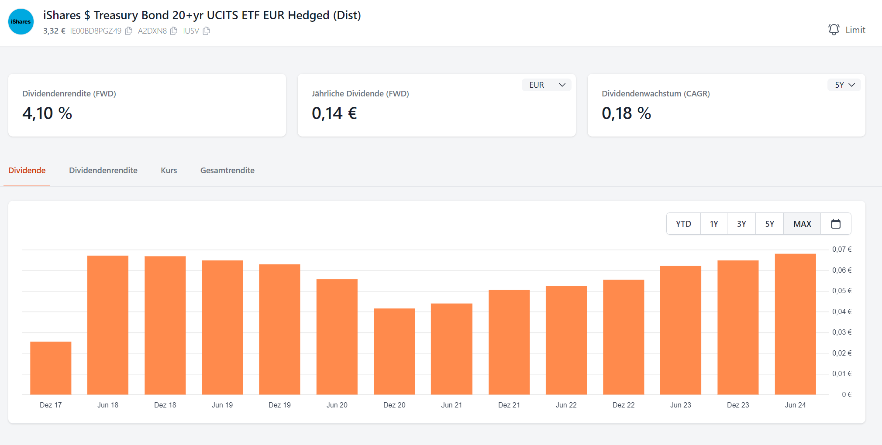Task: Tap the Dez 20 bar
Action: (x=394, y=351)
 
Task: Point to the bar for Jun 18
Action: (x=108, y=325)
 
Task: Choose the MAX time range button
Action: (x=802, y=224)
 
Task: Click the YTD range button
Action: (x=683, y=224)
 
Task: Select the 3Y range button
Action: (x=741, y=224)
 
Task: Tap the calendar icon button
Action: (x=836, y=224)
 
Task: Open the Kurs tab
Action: (x=169, y=171)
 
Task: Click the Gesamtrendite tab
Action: (x=227, y=171)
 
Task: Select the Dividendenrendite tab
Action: (x=103, y=171)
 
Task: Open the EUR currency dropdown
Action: (x=546, y=85)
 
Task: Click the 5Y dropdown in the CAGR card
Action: (x=844, y=85)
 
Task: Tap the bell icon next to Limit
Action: (x=834, y=30)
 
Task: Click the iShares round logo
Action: (x=21, y=22)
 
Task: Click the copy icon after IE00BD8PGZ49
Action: (x=129, y=31)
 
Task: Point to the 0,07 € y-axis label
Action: (x=841, y=250)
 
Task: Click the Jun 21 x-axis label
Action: (x=451, y=405)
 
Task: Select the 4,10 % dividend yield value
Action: (x=47, y=113)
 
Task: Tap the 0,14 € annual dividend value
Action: (x=334, y=113)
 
